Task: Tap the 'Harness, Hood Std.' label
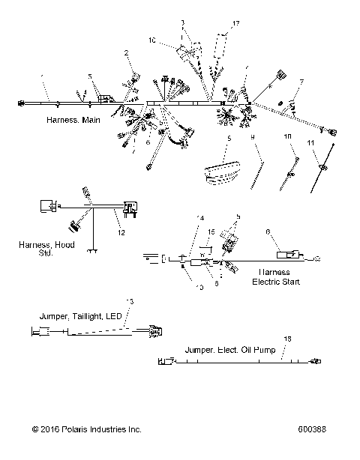(x=46, y=249)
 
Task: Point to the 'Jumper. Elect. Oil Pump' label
(x=230, y=349)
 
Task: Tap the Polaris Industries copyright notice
(x=86, y=429)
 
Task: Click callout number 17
(x=236, y=24)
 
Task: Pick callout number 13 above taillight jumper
(x=130, y=301)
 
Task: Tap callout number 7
(x=301, y=82)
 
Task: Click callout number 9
(x=253, y=137)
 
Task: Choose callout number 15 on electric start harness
(x=211, y=232)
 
